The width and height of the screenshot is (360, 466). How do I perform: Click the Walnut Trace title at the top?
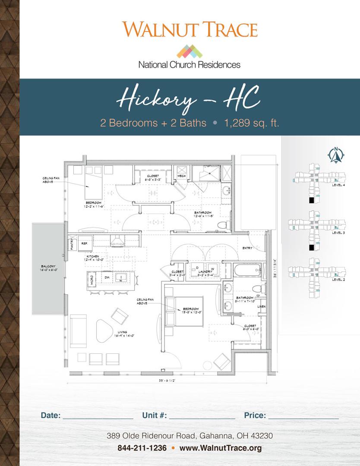click(x=189, y=29)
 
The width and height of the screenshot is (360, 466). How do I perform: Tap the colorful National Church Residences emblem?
click(x=189, y=51)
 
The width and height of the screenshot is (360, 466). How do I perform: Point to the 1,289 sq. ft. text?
click(x=252, y=123)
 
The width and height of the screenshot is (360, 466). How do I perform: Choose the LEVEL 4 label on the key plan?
click(x=338, y=185)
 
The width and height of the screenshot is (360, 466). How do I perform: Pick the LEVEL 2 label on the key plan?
click(x=338, y=280)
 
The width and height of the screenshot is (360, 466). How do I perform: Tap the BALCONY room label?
click(x=47, y=267)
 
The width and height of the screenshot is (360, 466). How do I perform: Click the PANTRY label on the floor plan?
click(x=72, y=244)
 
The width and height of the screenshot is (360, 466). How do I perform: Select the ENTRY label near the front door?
click(x=248, y=248)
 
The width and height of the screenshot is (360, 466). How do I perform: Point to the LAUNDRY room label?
click(x=205, y=271)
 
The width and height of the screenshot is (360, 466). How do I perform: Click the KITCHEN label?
click(x=92, y=256)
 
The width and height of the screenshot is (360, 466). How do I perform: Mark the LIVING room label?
click(x=120, y=333)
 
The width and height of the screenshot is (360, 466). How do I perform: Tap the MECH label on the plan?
click(x=182, y=176)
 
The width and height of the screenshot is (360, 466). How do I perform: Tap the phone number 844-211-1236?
click(x=142, y=448)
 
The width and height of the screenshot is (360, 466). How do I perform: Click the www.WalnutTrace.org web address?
click(x=221, y=448)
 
